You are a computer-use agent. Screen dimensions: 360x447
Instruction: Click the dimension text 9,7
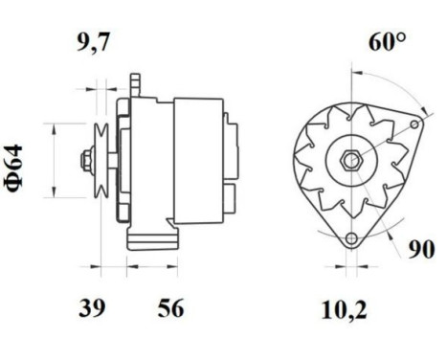(x=95, y=42)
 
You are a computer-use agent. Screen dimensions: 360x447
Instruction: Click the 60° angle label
(x=387, y=43)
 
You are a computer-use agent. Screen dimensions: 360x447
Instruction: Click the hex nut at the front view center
(x=347, y=157)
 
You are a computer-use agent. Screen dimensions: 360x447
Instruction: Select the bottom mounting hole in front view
(x=351, y=238)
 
